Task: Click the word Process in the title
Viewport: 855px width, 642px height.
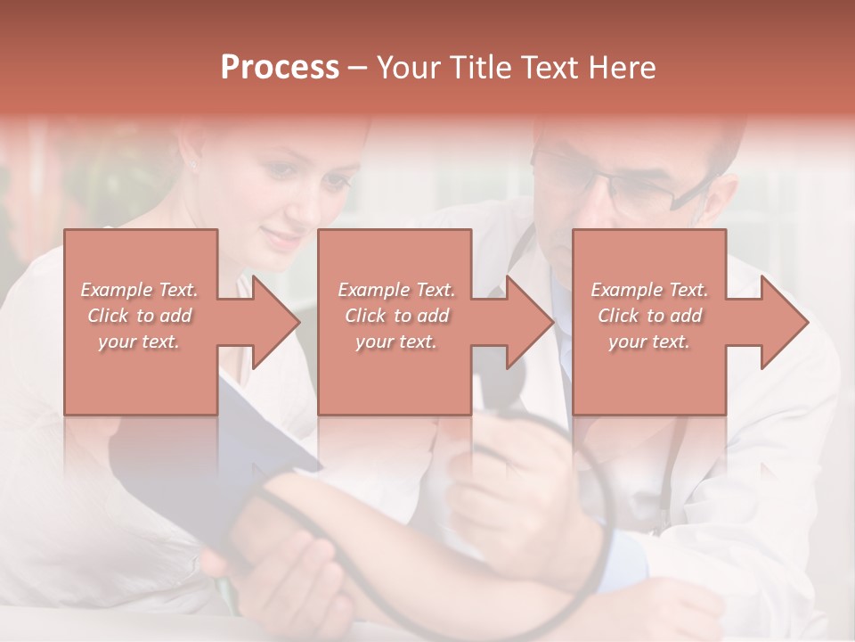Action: click(x=280, y=68)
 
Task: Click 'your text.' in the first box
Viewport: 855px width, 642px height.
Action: click(x=139, y=342)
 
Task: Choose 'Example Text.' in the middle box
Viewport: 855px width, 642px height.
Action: click(x=396, y=290)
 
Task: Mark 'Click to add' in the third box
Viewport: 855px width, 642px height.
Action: click(x=649, y=316)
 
